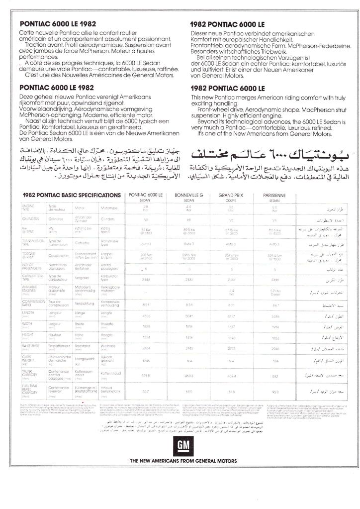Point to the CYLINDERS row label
point(31,219)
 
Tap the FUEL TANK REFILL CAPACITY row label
point(31,392)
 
